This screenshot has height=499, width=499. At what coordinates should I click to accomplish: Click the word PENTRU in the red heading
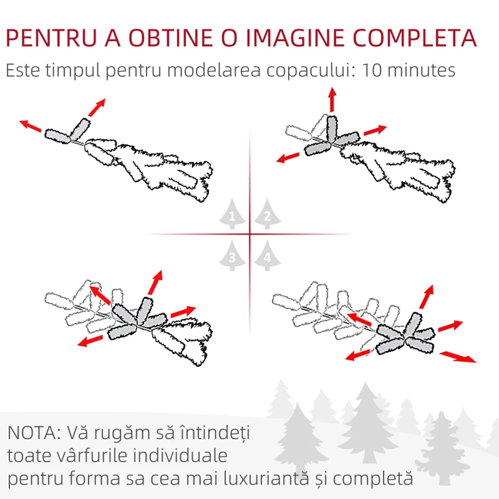click(51, 38)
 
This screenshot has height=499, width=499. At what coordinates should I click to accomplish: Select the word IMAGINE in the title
click(295, 38)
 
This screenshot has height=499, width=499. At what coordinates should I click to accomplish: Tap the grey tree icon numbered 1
click(232, 213)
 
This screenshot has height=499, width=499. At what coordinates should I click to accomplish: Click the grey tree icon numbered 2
click(268, 213)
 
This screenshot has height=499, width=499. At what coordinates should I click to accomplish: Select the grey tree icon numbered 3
click(232, 255)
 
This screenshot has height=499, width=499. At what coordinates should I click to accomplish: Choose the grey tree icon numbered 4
click(268, 255)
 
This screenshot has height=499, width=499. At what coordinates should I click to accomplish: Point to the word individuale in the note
click(180, 455)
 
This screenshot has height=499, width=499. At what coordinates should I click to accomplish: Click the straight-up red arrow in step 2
click(332, 99)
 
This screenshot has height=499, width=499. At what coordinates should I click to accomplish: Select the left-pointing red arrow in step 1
click(30, 126)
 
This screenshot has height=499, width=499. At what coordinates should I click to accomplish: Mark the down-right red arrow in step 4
click(458, 357)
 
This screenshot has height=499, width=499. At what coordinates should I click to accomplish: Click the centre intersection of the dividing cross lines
click(250, 235)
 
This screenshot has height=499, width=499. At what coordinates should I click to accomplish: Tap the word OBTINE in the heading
click(170, 38)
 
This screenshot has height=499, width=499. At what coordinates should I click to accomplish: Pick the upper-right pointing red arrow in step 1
click(97, 107)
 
